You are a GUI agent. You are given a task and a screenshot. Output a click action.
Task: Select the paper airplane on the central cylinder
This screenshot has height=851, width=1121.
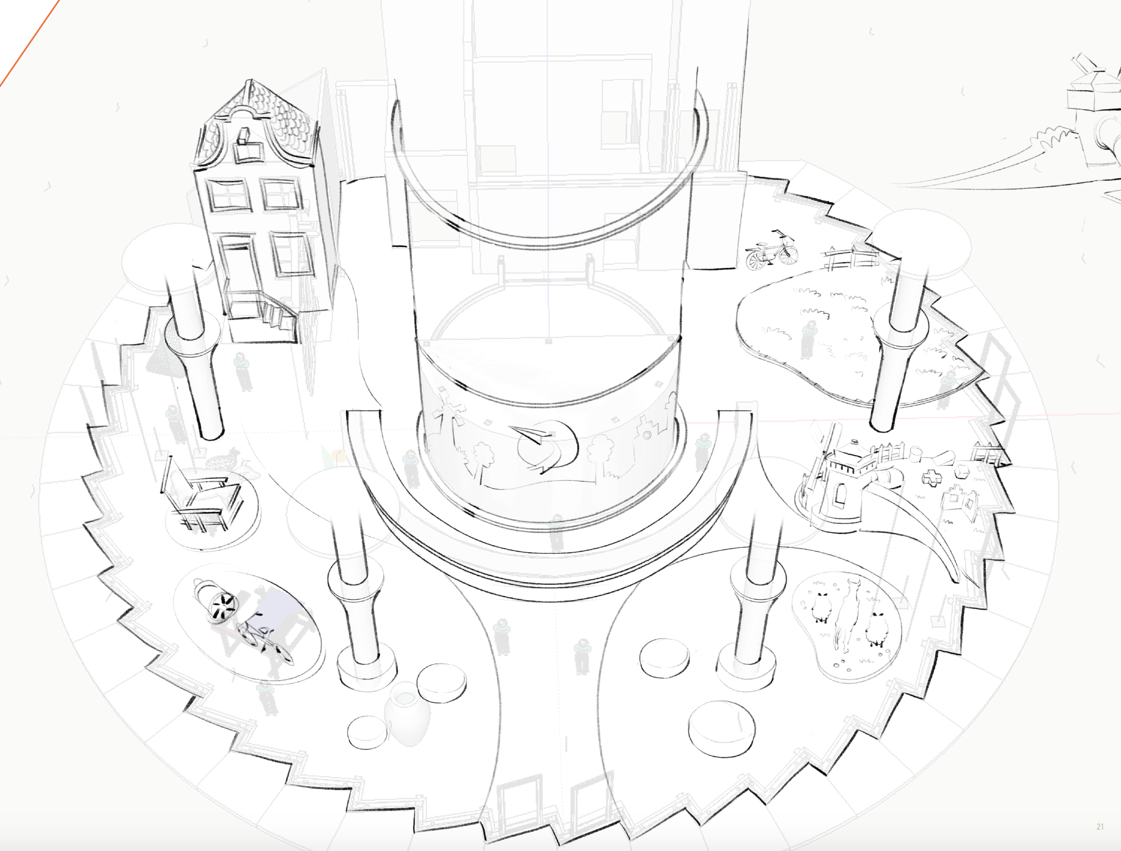pos(533,435)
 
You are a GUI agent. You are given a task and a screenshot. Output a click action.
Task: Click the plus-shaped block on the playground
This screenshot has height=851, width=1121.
pos(931,477)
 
